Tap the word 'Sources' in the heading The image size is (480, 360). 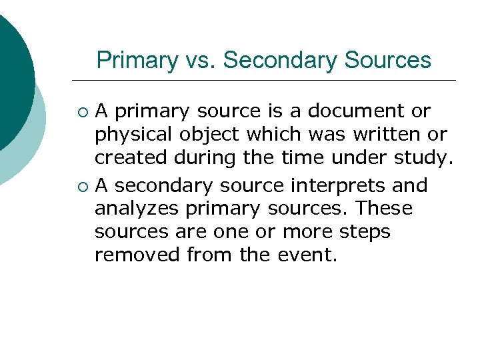(388, 61)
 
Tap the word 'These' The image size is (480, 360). (384, 209)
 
